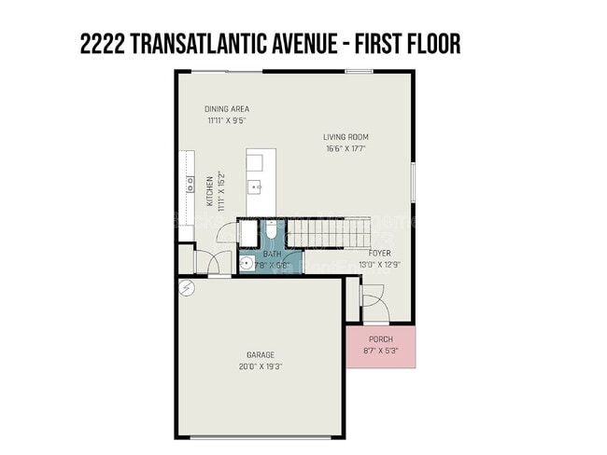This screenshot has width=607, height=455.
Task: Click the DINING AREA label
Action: tap(227, 109)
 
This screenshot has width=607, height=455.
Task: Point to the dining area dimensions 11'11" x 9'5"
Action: tap(227, 120)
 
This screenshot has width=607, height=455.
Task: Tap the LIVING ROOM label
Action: tap(346, 137)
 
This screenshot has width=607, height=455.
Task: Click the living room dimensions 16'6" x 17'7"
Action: tap(346, 148)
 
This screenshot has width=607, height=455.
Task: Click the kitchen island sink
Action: tap(255, 186)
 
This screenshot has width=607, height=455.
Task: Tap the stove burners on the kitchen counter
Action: tap(189, 184)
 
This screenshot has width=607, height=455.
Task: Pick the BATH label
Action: tap(272, 254)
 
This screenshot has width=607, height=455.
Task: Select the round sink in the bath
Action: tap(247, 264)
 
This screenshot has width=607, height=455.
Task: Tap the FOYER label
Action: tap(379, 253)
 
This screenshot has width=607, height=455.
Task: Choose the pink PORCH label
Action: tap(380, 338)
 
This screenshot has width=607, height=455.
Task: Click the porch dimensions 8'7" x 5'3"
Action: tap(380, 351)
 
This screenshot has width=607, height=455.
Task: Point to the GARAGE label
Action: tap(260, 354)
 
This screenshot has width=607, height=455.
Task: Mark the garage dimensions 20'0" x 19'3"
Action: tap(260, 366)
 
